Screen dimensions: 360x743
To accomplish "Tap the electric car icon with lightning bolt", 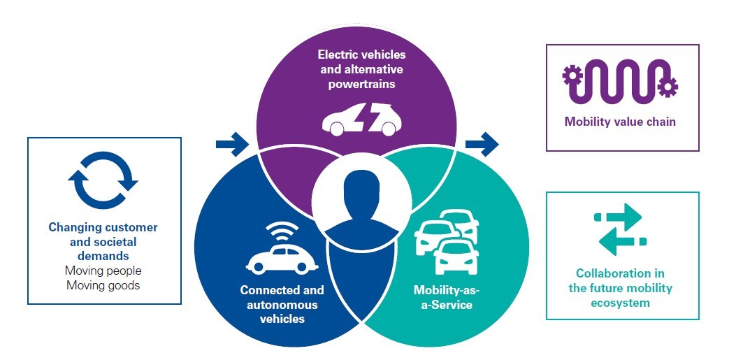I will pos(361,119).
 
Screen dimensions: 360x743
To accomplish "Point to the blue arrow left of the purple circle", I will pos(231,145).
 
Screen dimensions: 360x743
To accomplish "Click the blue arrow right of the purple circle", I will pos(482,145).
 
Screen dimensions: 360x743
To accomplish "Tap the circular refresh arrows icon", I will pos(103,180).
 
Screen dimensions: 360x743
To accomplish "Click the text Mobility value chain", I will pos(620,122).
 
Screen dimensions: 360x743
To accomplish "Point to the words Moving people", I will pos(103,271).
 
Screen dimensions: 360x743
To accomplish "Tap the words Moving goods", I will pos(103,285).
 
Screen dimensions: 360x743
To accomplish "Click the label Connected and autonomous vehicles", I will pos(282,304).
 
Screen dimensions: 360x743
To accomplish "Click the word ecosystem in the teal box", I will pos(620,303).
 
